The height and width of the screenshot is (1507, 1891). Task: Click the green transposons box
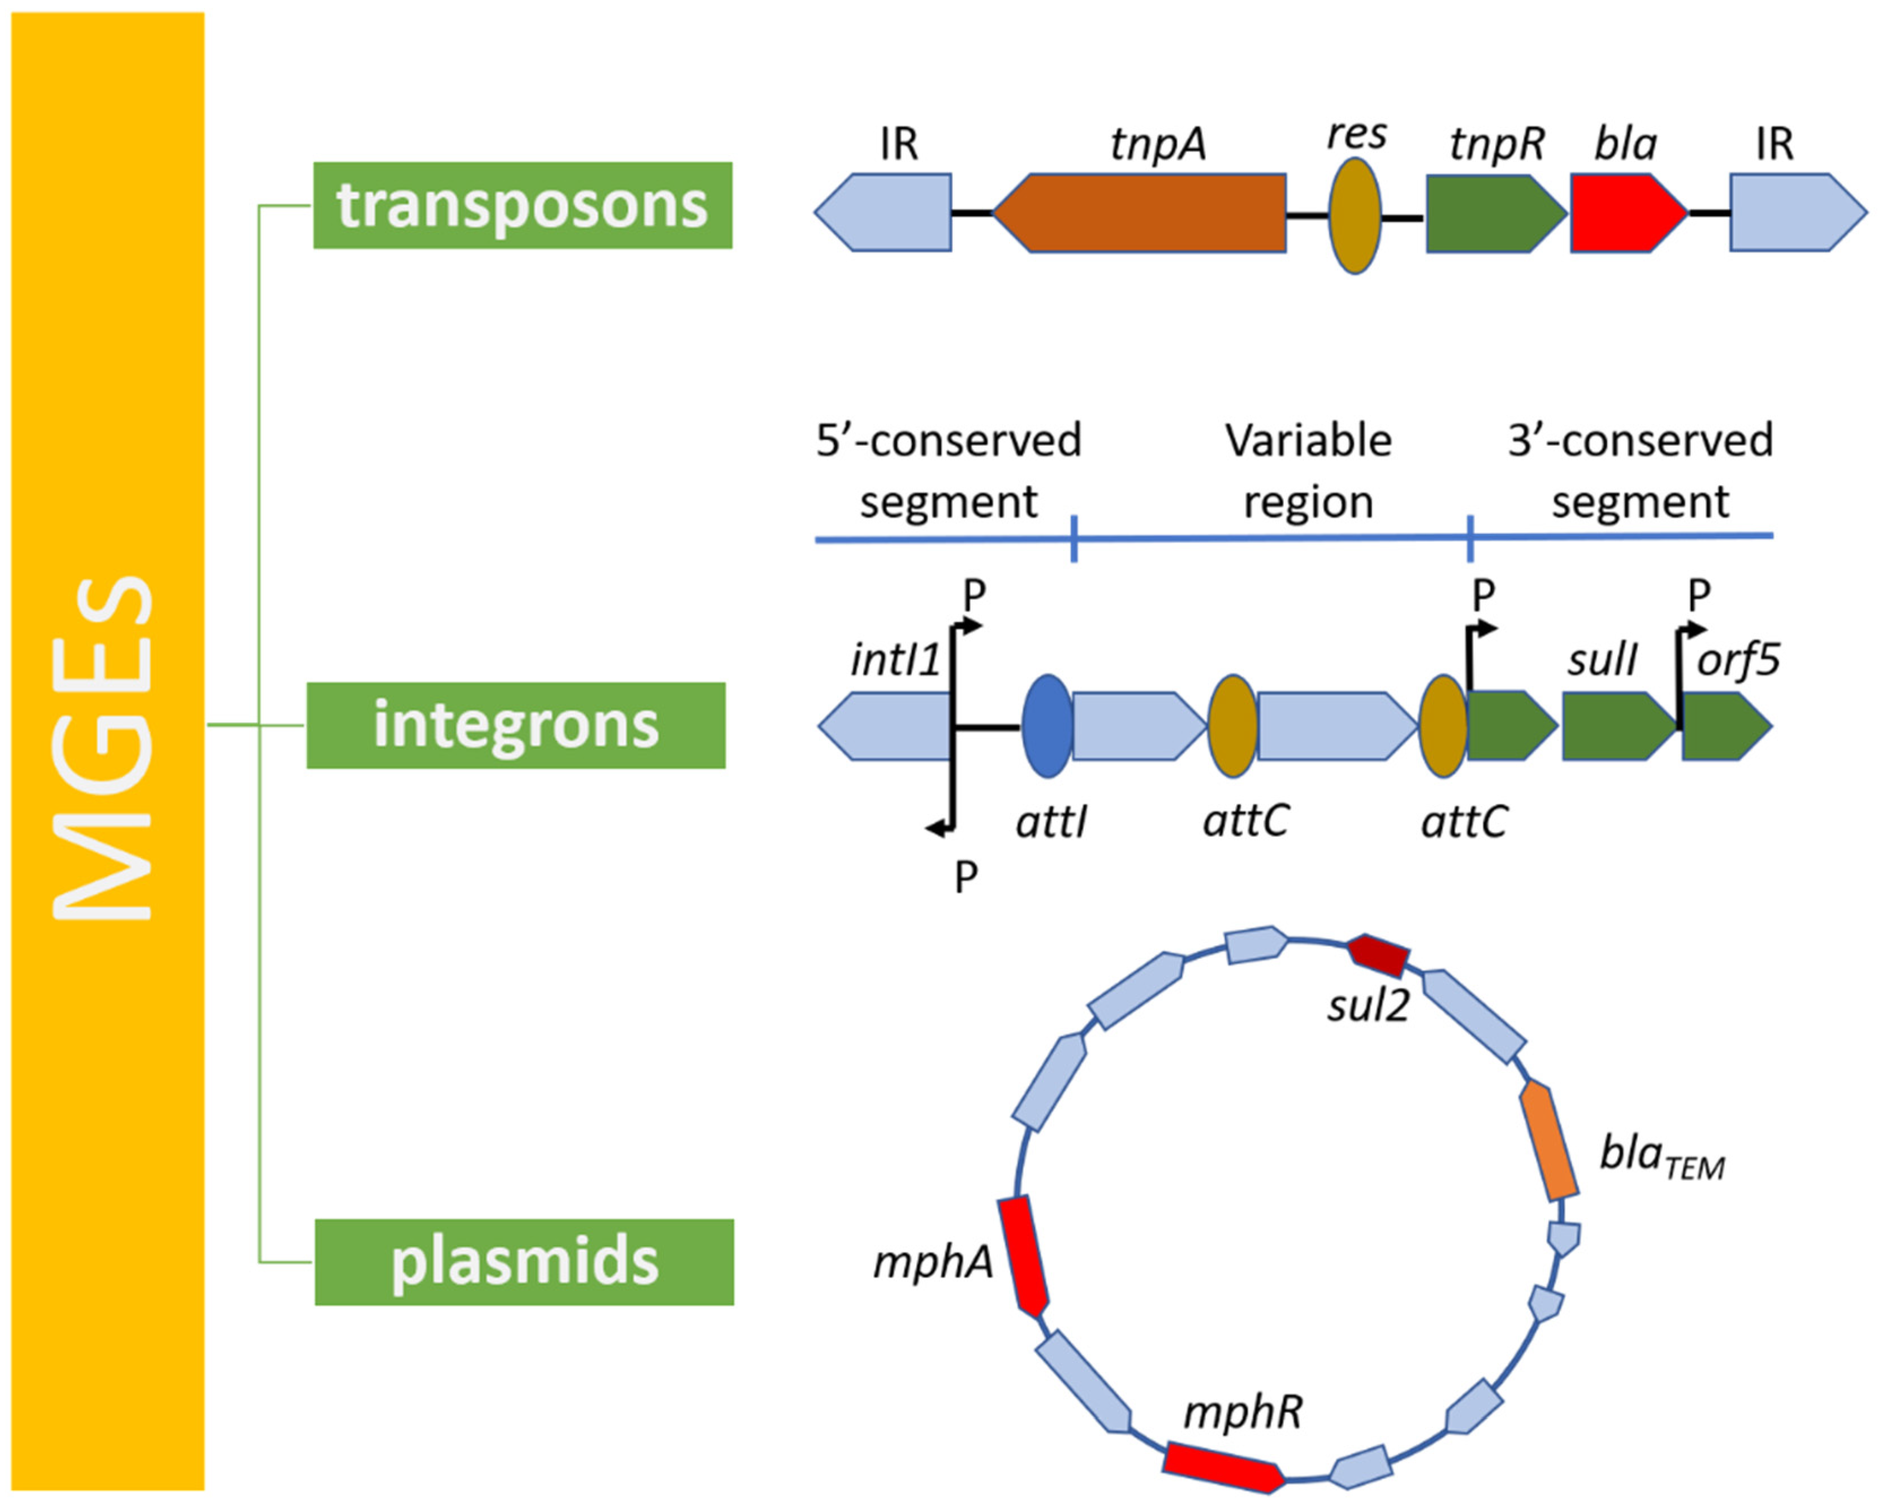[523, 205]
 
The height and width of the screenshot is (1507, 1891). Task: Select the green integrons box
[516, 725]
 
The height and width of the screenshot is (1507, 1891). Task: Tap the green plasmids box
[523, 1262]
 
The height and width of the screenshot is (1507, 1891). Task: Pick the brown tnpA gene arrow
[1140, 213]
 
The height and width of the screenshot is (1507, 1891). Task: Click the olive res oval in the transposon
[1354, 215]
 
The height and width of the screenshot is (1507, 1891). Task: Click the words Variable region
[1308, 471]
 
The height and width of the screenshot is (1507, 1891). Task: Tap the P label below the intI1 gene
[966, 876]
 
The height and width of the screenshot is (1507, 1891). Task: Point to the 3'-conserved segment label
[1640, 471]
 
